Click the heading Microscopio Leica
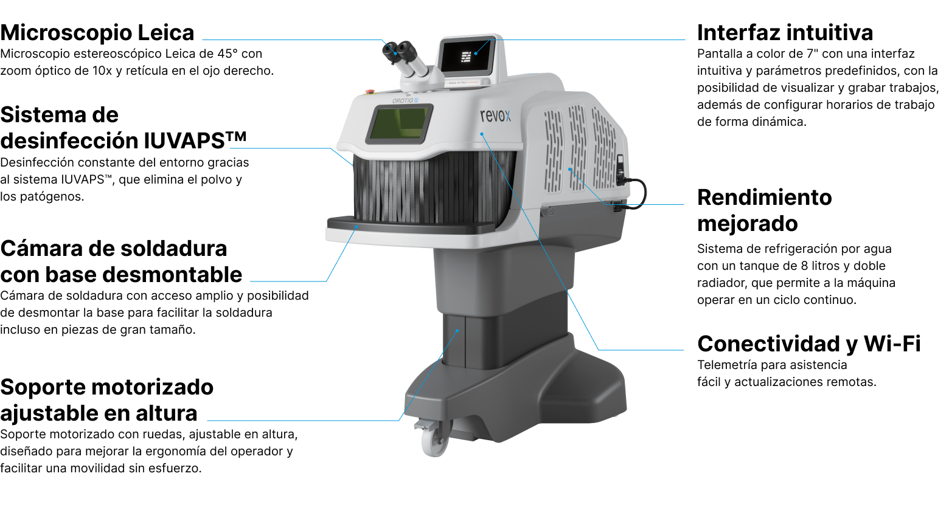point(97,33)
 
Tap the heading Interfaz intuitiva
point(785,33)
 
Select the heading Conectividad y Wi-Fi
point(808,344)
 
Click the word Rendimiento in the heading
point(764,198)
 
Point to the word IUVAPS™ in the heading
point(195,140)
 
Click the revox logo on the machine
point(495,115)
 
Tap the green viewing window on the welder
point(398,123)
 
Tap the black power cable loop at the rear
point(636,193)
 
